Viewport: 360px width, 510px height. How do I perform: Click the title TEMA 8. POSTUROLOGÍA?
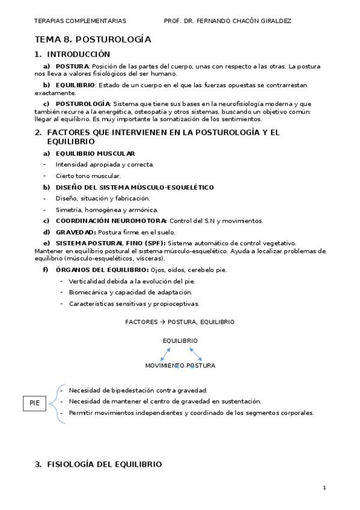[93, 40]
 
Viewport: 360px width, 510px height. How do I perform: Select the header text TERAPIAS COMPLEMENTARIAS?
[80, 20]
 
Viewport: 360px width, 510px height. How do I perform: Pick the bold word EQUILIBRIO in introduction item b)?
[75, 85]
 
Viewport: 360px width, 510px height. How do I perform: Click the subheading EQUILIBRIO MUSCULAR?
[95, 153]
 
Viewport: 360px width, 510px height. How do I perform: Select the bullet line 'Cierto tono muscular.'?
[88, 176]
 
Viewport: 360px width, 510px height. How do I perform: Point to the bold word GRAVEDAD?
[76, 232]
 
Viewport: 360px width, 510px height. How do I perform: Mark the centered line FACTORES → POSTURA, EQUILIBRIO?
[180, 322]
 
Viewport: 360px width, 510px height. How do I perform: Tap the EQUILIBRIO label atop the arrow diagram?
[180, 340]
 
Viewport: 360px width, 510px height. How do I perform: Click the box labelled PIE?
[34, 404]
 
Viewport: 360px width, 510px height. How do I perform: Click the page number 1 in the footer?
[324, 487]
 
